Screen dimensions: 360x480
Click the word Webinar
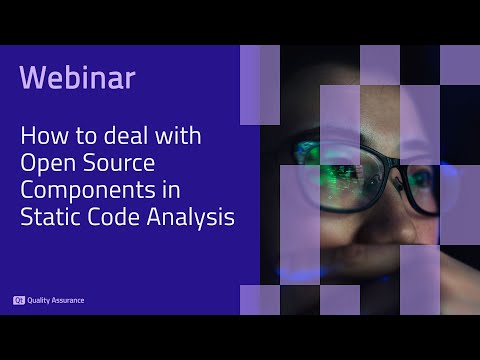[77, 77]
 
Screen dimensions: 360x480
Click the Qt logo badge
[18, 300]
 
